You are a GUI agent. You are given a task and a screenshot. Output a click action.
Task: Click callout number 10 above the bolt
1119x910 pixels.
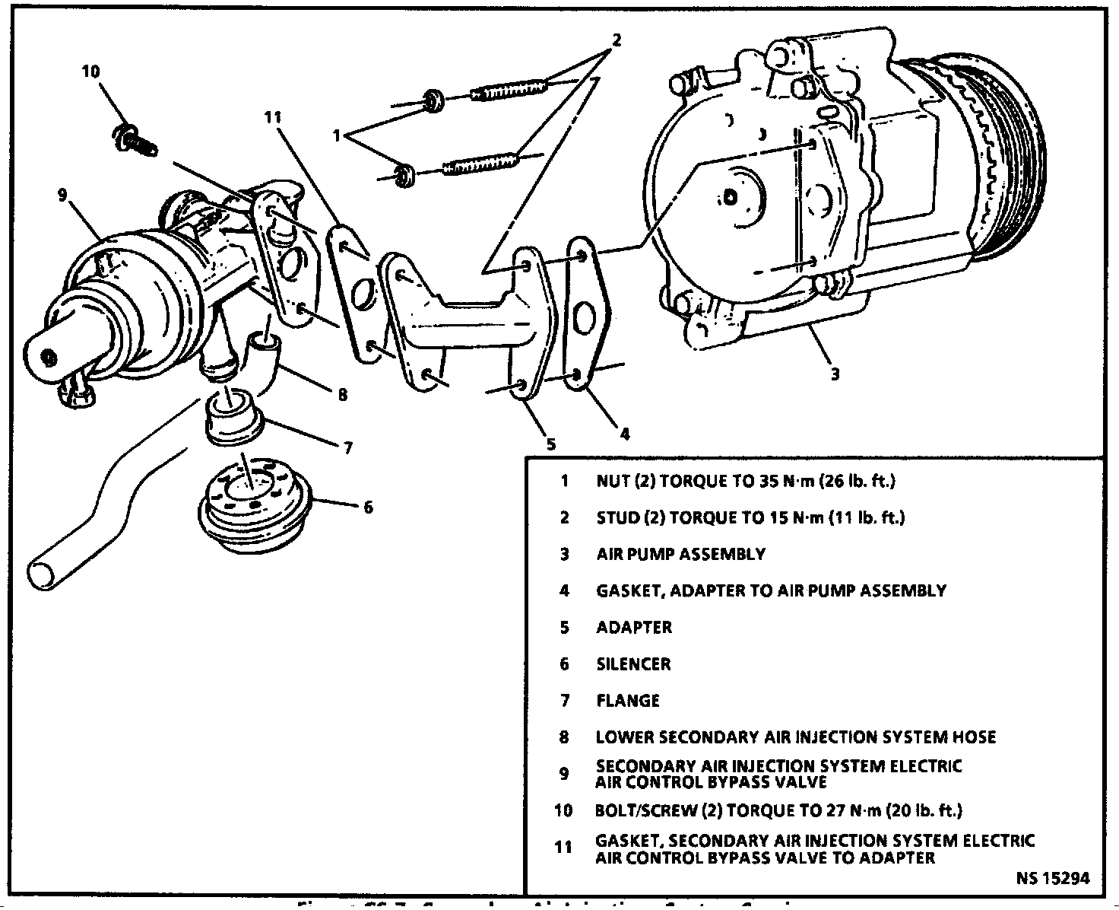(x=90, y=72)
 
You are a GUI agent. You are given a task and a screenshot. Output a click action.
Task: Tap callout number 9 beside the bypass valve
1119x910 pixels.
(x=62, y=196)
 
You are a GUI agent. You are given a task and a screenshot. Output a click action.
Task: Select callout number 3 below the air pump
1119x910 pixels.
(x=835, y=374)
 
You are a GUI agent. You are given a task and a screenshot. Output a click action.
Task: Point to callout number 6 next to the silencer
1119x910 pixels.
(x=369, y=507)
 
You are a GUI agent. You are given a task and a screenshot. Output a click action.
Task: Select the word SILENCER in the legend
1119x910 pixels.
(x=633, y=664)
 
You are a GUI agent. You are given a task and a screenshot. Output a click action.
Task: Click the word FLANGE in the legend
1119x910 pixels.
(x=628, y=701)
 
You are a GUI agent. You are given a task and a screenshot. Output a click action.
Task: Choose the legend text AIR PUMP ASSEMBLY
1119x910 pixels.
(x=680, y=554)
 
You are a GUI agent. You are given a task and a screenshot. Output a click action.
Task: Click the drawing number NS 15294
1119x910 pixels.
(x=1052, y=878)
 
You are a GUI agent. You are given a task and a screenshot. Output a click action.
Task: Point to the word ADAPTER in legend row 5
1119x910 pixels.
(x=634, y=628)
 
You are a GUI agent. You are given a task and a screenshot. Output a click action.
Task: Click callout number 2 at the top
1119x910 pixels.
(x=617, y=40)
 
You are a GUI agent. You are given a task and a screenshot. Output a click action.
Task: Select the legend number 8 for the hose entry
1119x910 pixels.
(x=564, y=737)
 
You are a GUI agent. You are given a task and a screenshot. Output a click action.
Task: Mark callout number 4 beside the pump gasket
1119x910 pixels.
(x=624, y=434)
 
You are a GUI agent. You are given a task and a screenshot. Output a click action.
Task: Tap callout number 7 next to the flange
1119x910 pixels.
(x=347, y=448)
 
